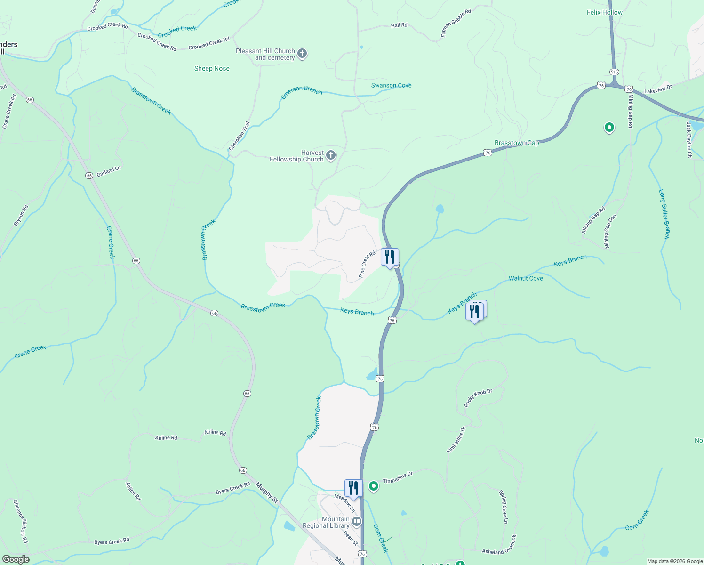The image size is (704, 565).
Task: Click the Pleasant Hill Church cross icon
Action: [302, 54]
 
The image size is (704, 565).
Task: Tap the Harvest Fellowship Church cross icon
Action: [331, 155]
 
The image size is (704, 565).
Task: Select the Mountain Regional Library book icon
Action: [357, 521]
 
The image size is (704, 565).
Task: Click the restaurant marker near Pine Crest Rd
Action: [390, 257]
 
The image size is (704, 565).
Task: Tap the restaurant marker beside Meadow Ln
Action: [353, 488]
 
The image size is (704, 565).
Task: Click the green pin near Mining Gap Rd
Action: [609, 127]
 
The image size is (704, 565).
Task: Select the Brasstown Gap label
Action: [517, 143]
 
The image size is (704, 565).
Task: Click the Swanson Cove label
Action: [391, 85]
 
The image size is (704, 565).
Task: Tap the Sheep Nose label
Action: [212, 68]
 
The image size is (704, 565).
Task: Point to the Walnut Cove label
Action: [526, 278]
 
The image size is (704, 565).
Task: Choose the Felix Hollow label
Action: [604, 12]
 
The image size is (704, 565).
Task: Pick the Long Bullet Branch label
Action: [664, 214]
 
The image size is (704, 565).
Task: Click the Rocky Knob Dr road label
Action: [478, 398]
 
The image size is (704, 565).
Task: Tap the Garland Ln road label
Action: [109, 172]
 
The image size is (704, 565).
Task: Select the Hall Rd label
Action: [399, 25]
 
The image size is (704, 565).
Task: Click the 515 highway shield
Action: [614, 72]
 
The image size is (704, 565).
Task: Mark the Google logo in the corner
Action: [16, 559]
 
